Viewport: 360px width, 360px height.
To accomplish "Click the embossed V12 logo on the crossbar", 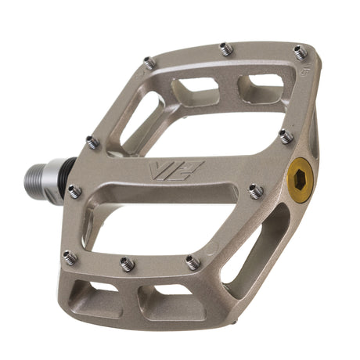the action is (176, 171).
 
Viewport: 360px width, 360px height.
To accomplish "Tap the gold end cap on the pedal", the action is (301, 180).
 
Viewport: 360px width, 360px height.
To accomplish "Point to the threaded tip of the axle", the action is (34, 178).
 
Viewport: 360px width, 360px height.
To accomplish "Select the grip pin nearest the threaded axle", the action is (75, 191).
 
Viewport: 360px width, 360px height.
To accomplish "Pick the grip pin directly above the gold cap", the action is (286, 136).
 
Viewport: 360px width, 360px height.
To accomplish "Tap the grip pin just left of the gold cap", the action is (256, 191).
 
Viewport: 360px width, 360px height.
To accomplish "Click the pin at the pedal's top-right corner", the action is (301, 52).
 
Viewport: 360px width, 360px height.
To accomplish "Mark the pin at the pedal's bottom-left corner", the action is (70, 257).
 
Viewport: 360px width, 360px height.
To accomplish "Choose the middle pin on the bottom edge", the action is (128, 264).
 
